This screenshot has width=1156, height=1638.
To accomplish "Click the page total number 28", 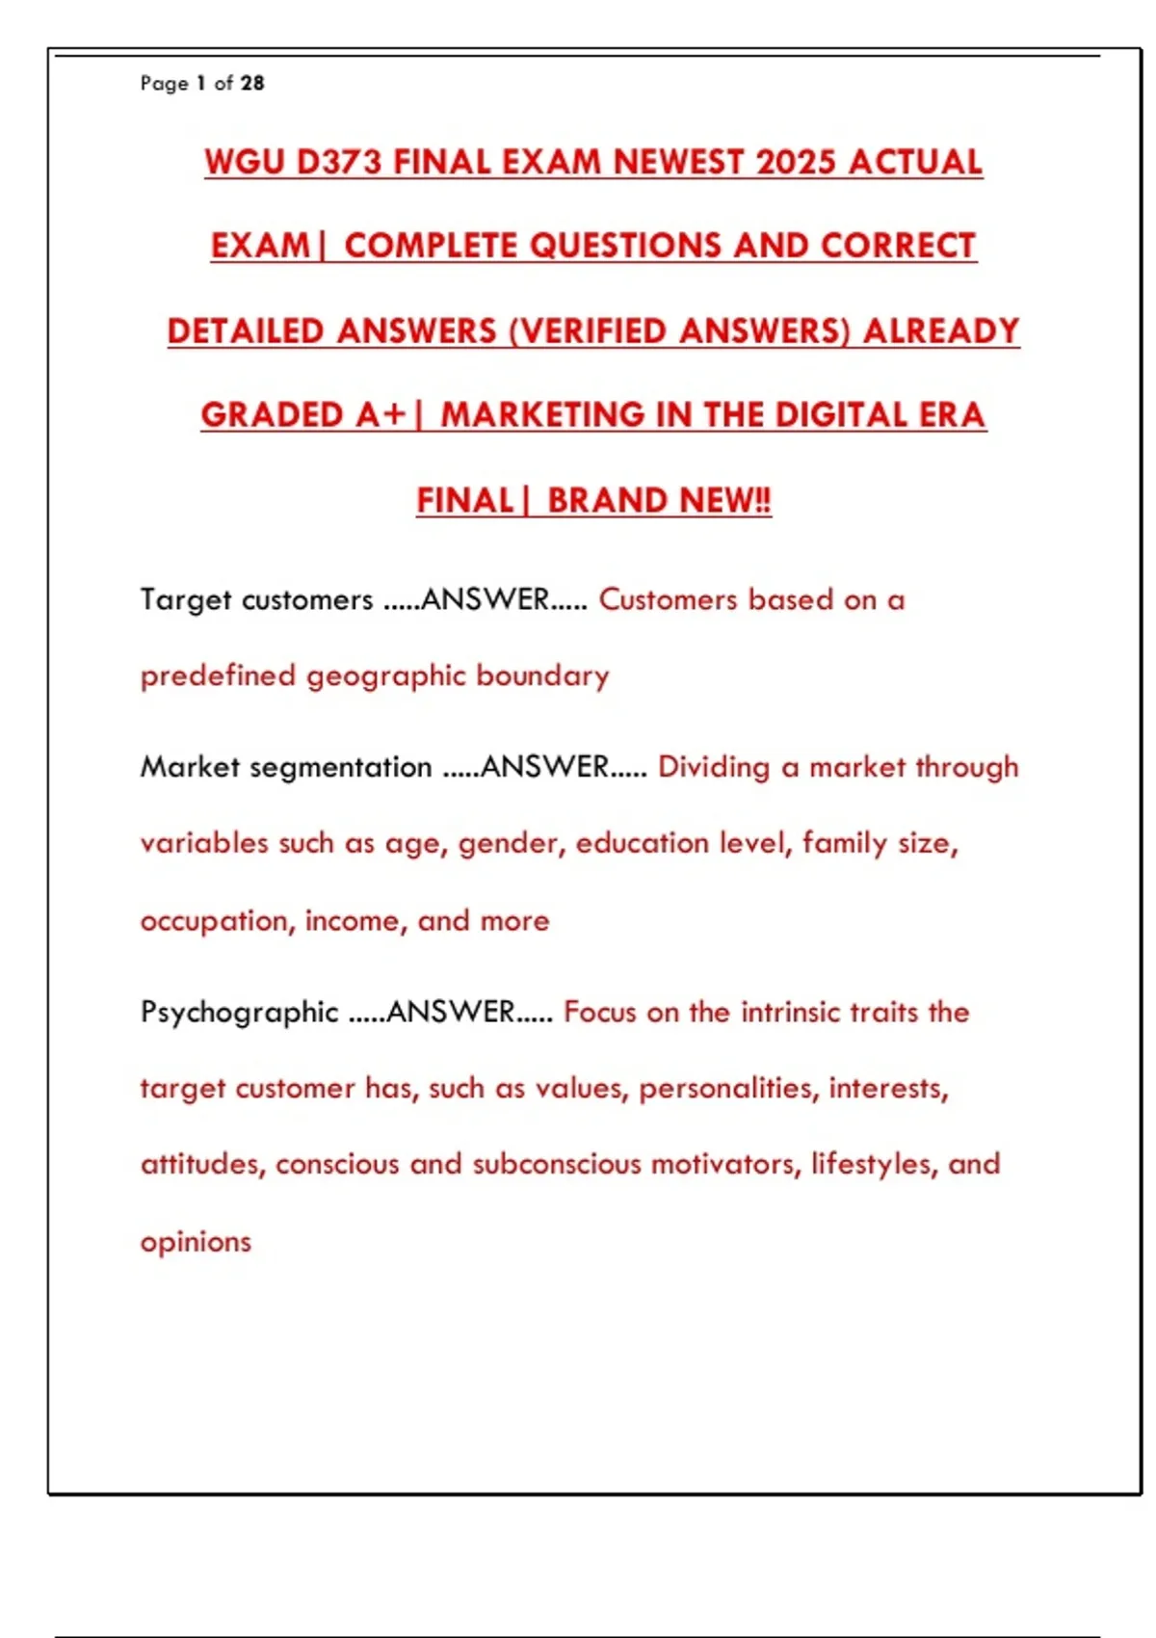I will coord(252,84).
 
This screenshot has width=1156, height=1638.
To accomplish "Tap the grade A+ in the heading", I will coord(381,415).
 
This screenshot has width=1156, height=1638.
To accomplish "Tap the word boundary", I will coord(542,676).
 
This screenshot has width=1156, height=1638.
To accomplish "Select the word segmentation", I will coord(340,767).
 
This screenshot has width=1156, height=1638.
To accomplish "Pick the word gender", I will coord(512,844).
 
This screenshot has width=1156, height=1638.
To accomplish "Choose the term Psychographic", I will coord(239,1013).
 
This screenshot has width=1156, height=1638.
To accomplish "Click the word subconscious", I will coord(556,1165).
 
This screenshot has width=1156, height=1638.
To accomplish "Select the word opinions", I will coord(196,1242).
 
